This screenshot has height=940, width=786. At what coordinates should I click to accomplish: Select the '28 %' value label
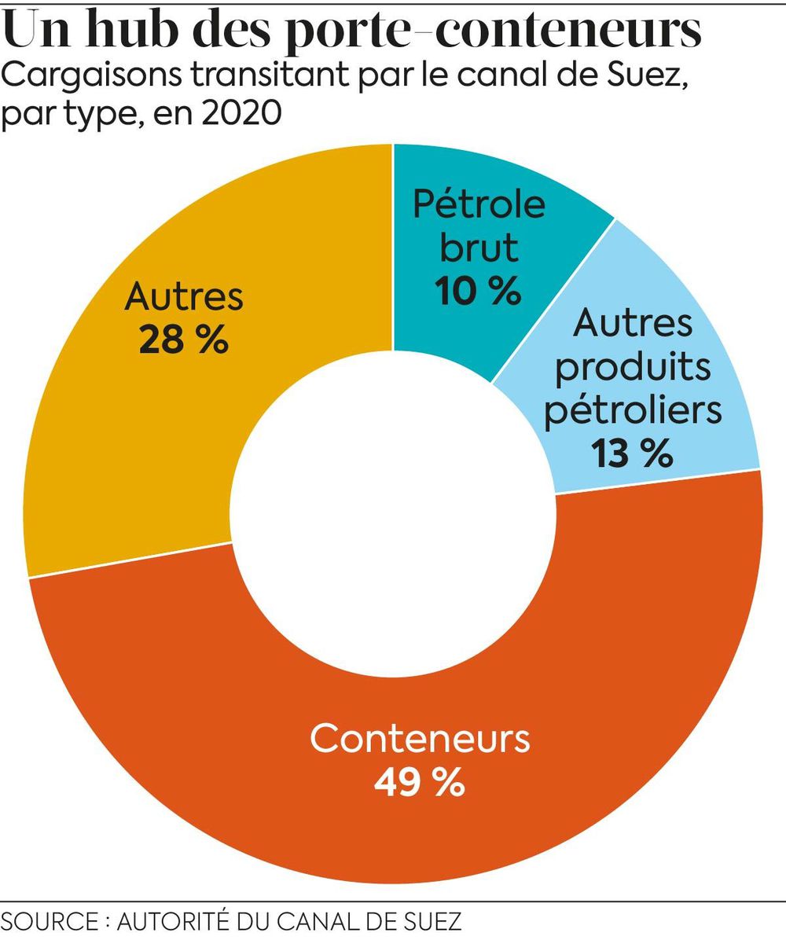click(184, 342)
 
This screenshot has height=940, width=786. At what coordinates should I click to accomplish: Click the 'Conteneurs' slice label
click(421, 739)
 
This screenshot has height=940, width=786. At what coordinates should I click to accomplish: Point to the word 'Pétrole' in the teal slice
click(479, 204)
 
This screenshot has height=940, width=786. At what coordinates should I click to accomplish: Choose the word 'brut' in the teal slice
click(479, 248)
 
